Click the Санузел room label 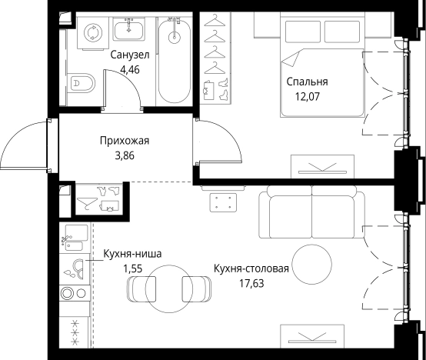pyautogui.click(x=129, y=55)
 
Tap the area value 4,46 pyautogui.click(x=130, y=69)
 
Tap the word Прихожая pyautogui.click(x=124, y=141)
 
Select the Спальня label pyautogui.click(x=308, y=82)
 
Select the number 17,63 pyautogui.click(x=251, y=282)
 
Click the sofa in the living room pyautogui.click(x=310, y=215)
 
